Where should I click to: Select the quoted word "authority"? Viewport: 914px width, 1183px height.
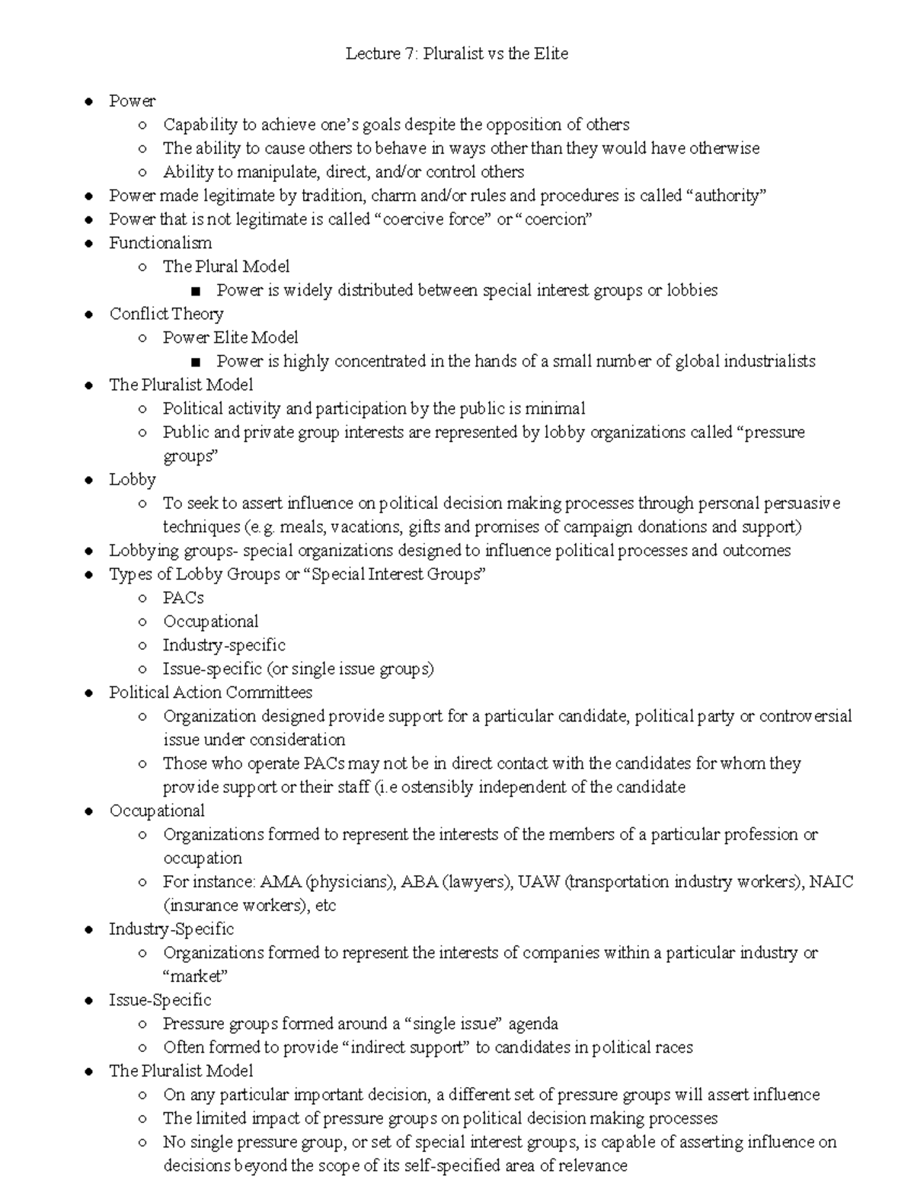coord(726,196)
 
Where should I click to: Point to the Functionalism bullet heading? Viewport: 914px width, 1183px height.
coord(161,243)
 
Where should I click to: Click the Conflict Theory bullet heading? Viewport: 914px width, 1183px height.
coord(166,314)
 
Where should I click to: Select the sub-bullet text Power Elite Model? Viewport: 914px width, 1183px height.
coord(230,337)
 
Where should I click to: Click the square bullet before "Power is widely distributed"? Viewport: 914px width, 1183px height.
coord(197,291)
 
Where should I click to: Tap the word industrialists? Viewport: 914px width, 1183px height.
coord(764,361)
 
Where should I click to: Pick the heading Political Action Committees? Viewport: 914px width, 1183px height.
coord(210,692)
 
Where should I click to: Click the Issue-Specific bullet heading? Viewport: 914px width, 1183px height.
coord(160,1000)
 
